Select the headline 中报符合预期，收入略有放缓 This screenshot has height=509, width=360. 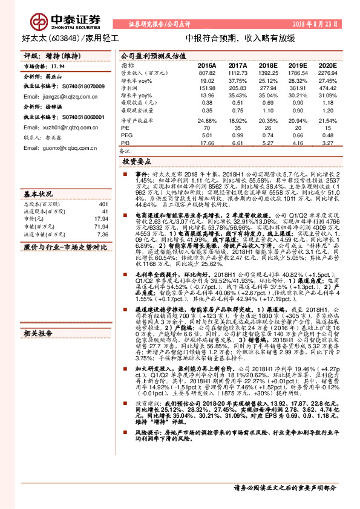click(240, 37)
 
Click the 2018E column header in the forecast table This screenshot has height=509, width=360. click(267, 65)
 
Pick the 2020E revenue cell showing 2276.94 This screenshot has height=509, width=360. click(327, 72)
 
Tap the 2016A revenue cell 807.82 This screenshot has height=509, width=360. click(207, 72)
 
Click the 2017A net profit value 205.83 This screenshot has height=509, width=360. click(237, 88)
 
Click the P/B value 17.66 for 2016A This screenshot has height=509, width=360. click(207, 144)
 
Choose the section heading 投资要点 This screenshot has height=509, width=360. click(136, 162)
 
